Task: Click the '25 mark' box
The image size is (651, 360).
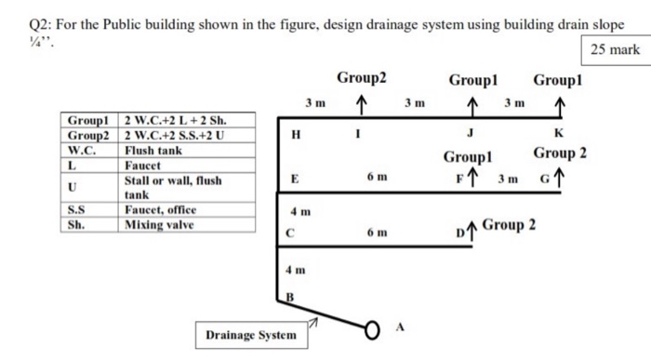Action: [x=614, y=48]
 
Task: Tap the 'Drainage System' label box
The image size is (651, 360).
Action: [x=250, y=334]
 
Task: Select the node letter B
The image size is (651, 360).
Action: [x=289, y=298]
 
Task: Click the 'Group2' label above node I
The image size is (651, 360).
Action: [x=362, y=77]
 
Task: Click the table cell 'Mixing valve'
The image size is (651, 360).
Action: [x=158, y=224]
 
